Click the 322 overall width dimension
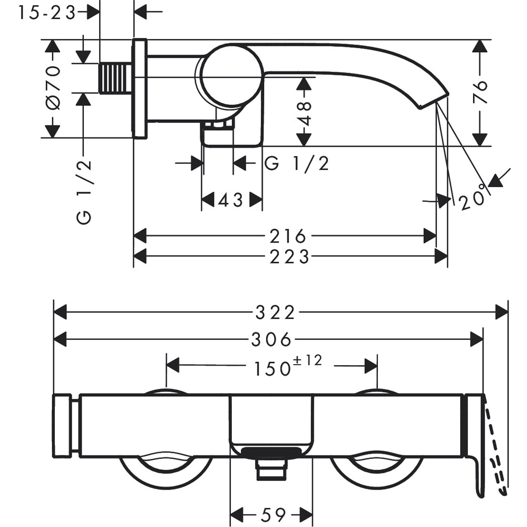coord(275,313)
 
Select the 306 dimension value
coord(271,340)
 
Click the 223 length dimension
coord(289,257)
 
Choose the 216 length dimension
coord(288,236)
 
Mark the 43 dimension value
coord(232,200)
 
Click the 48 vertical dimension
coord(305,112)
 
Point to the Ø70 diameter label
coord(53,87)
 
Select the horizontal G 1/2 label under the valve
coord(297,164)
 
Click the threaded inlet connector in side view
coord(115,78)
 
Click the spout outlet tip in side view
coord(433,100)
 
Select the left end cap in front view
coord(63,425)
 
